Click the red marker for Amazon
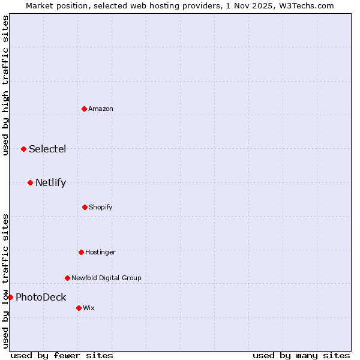(84, 109)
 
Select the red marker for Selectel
(23, 149)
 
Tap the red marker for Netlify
(30, 182)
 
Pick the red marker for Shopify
(85, 207)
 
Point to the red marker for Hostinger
(81, 252)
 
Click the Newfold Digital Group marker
(67, 278)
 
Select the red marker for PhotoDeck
(10, 297)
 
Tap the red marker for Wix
(79, 308)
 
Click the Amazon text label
(101, 109)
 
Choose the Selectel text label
(47, 149)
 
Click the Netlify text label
(50, 182)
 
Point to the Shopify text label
(101, 207)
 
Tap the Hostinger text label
(100, 252)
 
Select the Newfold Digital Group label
(106, 278)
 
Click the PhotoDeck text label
(41, 297)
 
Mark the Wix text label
(89, 308)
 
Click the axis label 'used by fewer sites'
(62, 355)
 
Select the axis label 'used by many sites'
(301, 355)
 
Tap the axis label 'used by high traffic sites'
(5, 85)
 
